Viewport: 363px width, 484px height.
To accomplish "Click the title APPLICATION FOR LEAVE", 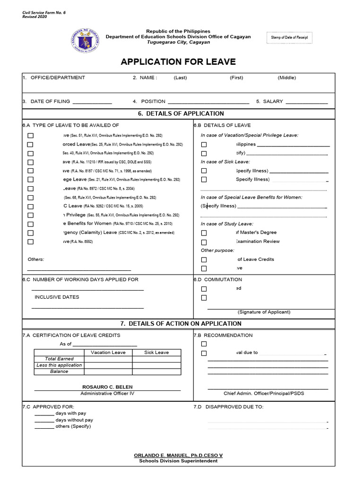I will (x=178, y=62).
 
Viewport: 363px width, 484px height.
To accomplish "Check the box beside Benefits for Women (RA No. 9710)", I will (x=31, y=224).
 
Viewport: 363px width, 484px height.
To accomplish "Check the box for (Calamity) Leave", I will (x=31, y=233).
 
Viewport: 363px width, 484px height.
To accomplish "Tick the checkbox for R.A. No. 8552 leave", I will (x=31, y=242).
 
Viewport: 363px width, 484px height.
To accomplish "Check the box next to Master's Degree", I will (x=204, y=233).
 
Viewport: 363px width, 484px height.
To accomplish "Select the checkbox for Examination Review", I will (x=204, y=242).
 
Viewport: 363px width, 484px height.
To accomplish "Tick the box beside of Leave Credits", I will (x=204, y=259).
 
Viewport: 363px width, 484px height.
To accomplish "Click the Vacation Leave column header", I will (x=108, y=352).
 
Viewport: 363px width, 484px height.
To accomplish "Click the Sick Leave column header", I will (x=156, y=352).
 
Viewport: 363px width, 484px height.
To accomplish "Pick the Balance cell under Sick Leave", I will (x=156, y=372).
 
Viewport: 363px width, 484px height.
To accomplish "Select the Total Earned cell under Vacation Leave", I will (x=108, y=359).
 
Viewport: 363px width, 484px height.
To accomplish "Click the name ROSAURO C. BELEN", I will (x=108, y=387).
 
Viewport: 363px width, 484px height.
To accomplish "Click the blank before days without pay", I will (x=44, y=420).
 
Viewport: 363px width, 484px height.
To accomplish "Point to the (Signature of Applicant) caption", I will (x=264, y=312).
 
